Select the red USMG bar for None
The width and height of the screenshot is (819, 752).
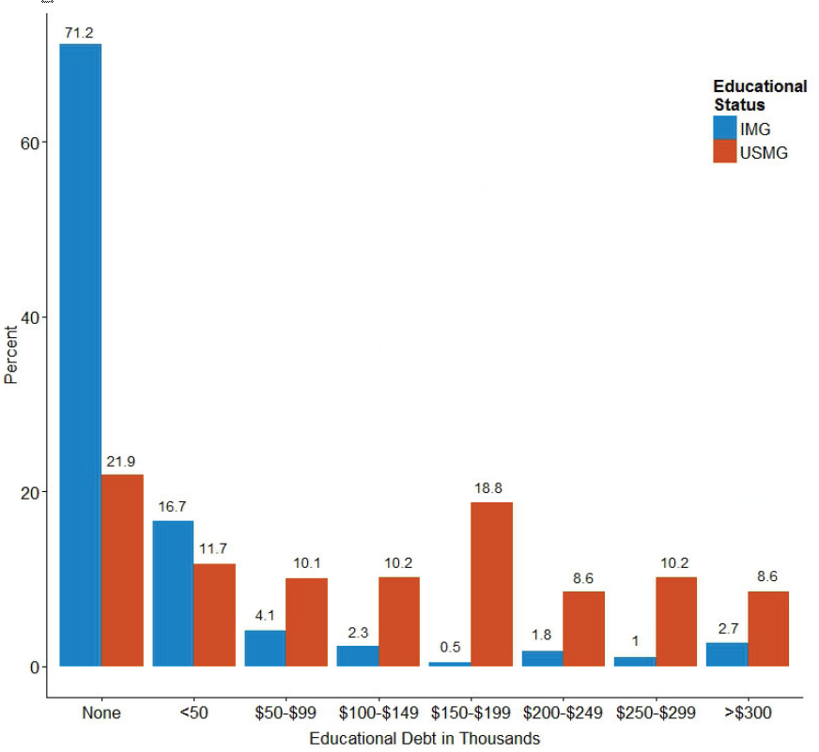122,570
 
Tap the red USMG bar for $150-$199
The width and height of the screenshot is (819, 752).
491,584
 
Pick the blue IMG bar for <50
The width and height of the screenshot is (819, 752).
173,593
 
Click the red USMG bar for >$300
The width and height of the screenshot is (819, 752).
768,628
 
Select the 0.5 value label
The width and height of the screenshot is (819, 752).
450,647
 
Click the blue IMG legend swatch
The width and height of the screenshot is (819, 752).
724,129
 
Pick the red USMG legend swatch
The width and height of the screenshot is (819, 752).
724,151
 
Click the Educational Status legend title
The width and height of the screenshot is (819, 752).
759,95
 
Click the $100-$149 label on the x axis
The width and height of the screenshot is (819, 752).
378,714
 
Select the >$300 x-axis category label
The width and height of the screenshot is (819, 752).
748,714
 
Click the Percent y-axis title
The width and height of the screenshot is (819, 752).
11,355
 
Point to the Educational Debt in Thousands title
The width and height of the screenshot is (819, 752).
424,738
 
